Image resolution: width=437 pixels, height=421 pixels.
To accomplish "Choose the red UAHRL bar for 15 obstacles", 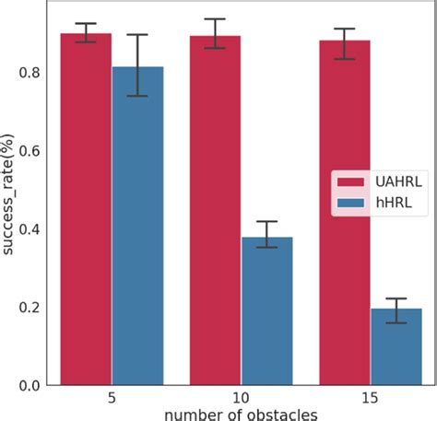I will coord(344,212).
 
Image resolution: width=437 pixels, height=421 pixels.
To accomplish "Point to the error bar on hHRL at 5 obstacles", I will coord(137,65).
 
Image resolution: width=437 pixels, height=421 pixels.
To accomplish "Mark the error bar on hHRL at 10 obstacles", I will coord(266,234).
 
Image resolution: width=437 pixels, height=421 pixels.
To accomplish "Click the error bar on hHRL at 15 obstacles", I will coord(396,310).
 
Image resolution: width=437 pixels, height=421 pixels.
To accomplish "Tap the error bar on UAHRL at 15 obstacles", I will coord(344,43).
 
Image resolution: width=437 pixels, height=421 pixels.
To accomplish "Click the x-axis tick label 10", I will coord(241,399).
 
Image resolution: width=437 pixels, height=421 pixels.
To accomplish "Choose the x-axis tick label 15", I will coord(370,399).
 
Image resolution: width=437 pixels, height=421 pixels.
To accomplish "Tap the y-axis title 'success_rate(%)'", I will coord(9,195).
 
